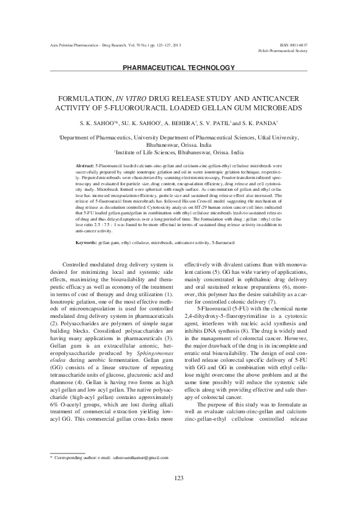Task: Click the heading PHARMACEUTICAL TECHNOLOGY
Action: pos(180,67)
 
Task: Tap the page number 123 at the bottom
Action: pos(180,494)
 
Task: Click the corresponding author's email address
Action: pos(136,475)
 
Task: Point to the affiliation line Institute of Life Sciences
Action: pos(180,151)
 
